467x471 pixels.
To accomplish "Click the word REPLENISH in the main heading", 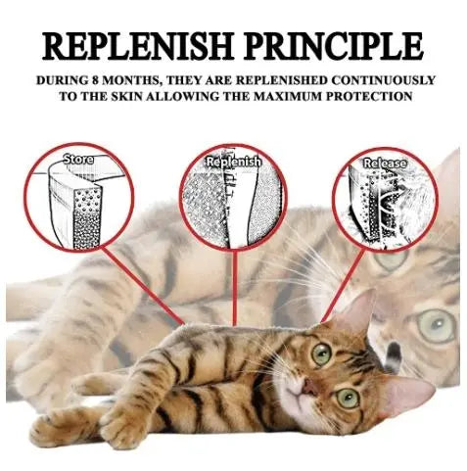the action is [x=138, y=45].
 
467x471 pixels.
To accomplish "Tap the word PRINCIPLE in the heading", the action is [x=334, y=45].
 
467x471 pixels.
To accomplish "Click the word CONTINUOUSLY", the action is [x=384, y=80].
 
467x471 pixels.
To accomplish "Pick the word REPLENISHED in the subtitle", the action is [x=281, y=80].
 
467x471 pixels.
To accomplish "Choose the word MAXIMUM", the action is [x=288, y=96].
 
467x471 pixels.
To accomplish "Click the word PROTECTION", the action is [x=369, y=96].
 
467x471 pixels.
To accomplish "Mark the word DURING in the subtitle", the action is [x=61, y=80].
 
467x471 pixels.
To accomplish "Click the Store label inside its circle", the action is [x=78, y=160].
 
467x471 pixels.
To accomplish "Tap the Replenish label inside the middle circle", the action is [x=234, y=162].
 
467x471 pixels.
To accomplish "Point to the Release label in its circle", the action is [x=385, y=164].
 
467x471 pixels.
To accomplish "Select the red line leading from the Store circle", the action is [x=144, y=286].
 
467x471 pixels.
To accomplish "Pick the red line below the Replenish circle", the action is [x=234, y=288].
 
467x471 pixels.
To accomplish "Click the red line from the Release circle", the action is [x=343, y=286].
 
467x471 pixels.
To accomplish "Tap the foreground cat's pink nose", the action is [x=309, y=388].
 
